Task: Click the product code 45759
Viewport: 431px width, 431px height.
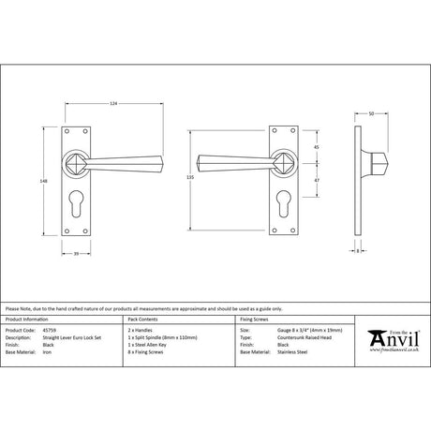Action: (52, 331)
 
